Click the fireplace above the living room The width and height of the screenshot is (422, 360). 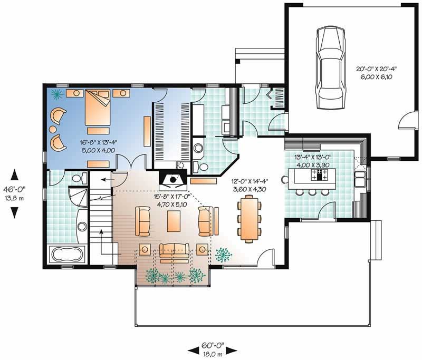173,181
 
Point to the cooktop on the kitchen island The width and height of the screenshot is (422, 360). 318,176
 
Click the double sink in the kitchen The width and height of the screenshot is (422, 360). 361,179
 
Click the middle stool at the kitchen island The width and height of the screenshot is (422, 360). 311,192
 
